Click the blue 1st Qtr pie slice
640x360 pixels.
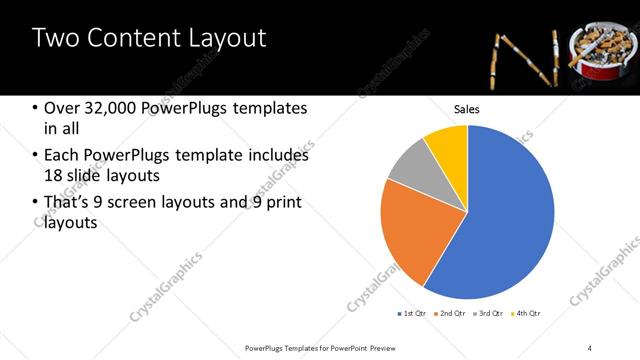(505, 215)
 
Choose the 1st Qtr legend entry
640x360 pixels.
(412, 314)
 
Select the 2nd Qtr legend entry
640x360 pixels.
(452, 314)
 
